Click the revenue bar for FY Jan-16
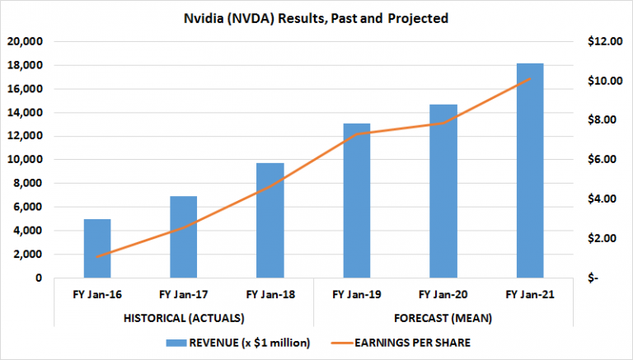coord(97,249)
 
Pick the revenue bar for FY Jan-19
coord(357,201)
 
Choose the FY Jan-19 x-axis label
coord(357,294)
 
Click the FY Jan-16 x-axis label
coord(97,294)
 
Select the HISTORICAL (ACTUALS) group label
coord(184,317)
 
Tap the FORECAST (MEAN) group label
coord(443,317)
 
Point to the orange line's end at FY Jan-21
coord(529,79)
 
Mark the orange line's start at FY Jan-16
coord(97,257)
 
